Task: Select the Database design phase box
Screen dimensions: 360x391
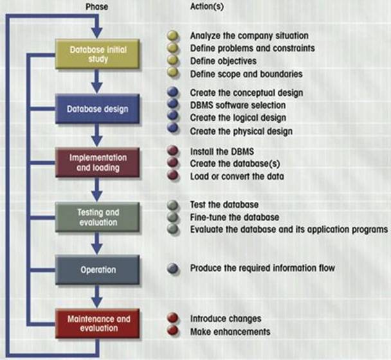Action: pos(97,109)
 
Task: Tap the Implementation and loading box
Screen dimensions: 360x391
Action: pos(97,161)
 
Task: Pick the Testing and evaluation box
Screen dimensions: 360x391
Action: pos(97,216)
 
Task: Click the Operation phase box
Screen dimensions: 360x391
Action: pos(97,269)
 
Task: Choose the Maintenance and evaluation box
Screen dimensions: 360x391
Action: pos(97,323)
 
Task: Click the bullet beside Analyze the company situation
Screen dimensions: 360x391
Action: pos(172,35)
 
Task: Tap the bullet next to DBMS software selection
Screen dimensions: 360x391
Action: pos(172,105)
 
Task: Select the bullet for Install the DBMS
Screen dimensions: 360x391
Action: pos(172,152)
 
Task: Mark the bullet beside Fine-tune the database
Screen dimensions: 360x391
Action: pos(172,217)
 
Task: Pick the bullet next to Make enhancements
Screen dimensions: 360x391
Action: pos(172,331)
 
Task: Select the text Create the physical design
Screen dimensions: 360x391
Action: pos(241,131)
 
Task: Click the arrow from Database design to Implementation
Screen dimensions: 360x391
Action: pos(96,137)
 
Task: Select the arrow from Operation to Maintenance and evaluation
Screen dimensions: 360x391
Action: pos(96,297)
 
